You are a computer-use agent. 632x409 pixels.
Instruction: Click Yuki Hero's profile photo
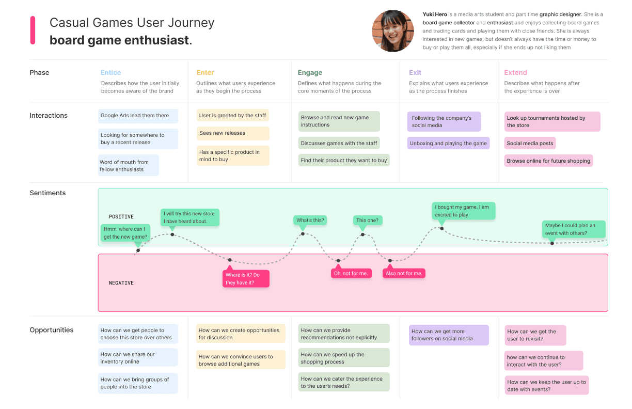tap(392, 31)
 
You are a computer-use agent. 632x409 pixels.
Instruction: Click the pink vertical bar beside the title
tap(33, 30)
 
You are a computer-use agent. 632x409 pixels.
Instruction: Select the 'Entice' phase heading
tap(110, 73)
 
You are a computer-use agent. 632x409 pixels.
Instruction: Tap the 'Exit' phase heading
tap(415, 73)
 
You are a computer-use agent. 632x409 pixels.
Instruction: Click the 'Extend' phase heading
tap(515, 73)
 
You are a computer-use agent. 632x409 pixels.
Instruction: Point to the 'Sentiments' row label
tap(48, 193)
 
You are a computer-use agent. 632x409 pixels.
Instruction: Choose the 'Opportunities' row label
tap(52, 330)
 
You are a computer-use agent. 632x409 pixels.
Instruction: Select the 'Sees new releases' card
tap(232, 133)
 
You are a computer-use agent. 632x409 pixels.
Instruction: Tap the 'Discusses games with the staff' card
tap(339, 144)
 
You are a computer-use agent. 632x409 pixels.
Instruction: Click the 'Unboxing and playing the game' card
tap(448, 144)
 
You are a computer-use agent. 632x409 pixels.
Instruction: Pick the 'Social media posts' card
tap(530, 144)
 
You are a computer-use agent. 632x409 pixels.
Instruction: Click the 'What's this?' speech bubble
tap(310, 221)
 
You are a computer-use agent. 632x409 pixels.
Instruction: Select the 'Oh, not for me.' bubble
tap(351, 273)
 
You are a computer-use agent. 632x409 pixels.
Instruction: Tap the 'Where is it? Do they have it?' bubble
tap(246, 279)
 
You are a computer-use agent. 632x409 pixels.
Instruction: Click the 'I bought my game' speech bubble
tap(463, 211)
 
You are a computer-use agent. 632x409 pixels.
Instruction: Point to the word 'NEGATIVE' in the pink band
tap(121, 283)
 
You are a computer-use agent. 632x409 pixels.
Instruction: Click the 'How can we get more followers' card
tap(449, 335)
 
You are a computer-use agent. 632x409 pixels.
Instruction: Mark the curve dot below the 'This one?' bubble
tap(362, 234)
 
